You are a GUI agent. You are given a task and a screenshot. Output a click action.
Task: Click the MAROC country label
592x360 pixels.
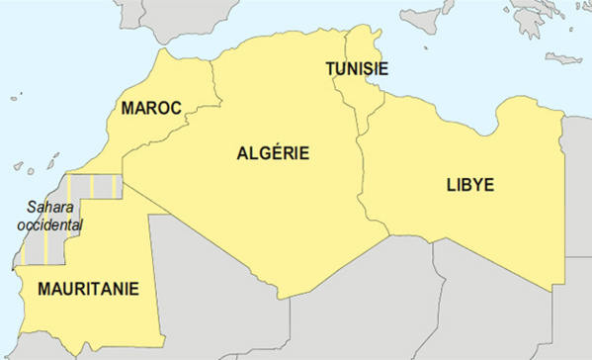coord(151,108)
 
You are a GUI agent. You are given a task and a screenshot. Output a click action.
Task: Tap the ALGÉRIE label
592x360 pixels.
coord(274,153)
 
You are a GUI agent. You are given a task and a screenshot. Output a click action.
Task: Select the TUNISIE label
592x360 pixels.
coord(357,69)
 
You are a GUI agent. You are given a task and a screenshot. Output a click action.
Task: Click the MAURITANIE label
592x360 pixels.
coord(88,290)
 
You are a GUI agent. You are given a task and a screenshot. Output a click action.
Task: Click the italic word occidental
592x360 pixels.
coord(50,225)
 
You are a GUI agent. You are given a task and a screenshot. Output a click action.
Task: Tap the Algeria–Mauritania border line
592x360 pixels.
coord(138,191)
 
